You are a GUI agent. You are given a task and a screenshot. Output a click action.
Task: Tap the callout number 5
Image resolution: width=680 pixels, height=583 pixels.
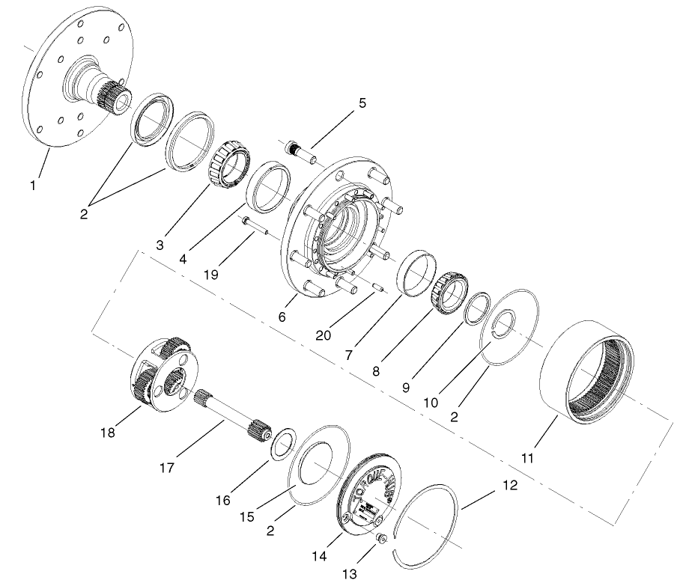click(x=362, y=103)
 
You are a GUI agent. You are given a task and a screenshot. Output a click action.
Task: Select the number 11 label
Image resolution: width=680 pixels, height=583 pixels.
click(x=527, y=458)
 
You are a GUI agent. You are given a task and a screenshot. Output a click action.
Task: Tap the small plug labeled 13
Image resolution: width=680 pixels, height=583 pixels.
click(x=382, y=538)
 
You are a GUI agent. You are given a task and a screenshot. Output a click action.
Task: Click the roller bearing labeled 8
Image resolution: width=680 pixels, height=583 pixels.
click(x=449, y=287)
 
